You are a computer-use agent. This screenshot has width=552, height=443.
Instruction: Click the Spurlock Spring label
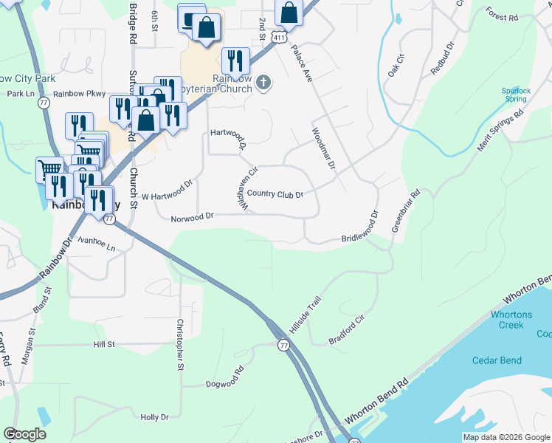(x=515, y=95)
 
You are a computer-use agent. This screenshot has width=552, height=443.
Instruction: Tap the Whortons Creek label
(x=511, y=320)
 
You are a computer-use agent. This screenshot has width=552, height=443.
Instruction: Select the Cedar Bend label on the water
(x=497, y=360)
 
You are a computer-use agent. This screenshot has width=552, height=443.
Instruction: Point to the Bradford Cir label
(x=347, y=329)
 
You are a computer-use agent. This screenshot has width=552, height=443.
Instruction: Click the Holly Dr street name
(x=154, y=417)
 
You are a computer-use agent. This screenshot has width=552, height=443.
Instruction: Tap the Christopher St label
(x=179, y=344)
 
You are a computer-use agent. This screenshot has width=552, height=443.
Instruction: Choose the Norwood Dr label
(x=192, y=217)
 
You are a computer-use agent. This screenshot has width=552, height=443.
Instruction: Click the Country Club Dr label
(x=275, y=194)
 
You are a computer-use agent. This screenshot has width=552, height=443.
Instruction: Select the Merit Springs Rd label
(x=500, y=131)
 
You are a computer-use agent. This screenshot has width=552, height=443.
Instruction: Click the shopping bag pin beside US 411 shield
(x=289, y=13)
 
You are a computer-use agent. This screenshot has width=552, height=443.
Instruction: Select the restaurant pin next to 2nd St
(x=235, y=58)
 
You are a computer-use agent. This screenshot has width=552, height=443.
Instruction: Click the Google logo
(x=24, y=434)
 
